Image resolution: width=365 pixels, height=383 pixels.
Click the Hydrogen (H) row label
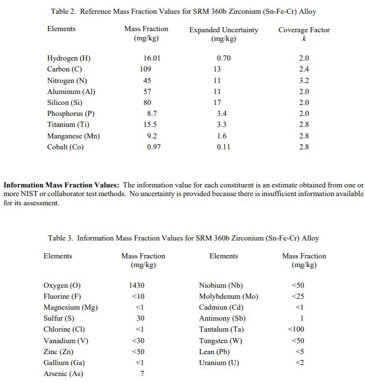tap(69, 58)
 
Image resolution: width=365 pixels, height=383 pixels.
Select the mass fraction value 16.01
tap(152, 58)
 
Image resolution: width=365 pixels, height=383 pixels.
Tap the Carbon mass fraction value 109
tap(146, 69)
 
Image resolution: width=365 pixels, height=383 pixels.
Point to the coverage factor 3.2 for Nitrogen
tap(304, 80)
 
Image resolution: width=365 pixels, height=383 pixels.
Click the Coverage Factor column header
tap(304, 29)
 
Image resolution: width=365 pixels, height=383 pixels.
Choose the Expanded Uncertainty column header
tap(224, 29)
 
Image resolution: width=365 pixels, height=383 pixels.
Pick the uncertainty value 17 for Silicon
tap(217, 103)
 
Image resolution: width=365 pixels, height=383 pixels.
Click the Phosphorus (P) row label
tap(70, 114)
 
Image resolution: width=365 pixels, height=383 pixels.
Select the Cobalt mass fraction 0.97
tap(154, 147)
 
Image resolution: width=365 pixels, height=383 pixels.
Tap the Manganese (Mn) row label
tap(73, 136)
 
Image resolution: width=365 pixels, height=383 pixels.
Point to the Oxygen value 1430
tap(137, 286)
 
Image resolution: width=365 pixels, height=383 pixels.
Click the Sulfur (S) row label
tap(59, 318)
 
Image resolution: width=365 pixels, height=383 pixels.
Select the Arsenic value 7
tap(141, 374)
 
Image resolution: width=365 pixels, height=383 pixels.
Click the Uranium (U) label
tap(219, 363)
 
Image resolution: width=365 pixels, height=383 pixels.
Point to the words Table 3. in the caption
tap(61, 238)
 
